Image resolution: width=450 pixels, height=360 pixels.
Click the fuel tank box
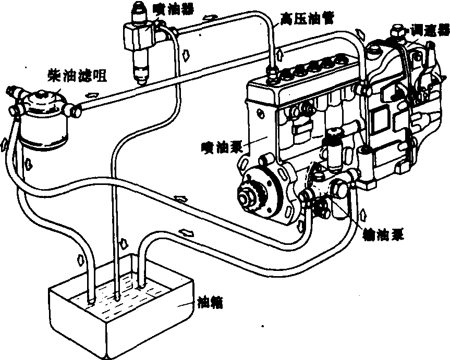[x=120, y=318]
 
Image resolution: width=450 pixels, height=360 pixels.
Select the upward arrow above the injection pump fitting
[x=281, y=54]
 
